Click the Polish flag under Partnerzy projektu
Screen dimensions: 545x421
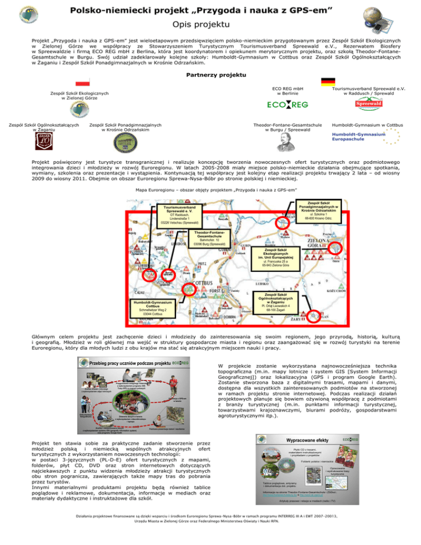pos(82,83)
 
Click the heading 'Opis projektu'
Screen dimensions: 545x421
pos(210,24)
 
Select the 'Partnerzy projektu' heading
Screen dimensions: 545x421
pos(210,75)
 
